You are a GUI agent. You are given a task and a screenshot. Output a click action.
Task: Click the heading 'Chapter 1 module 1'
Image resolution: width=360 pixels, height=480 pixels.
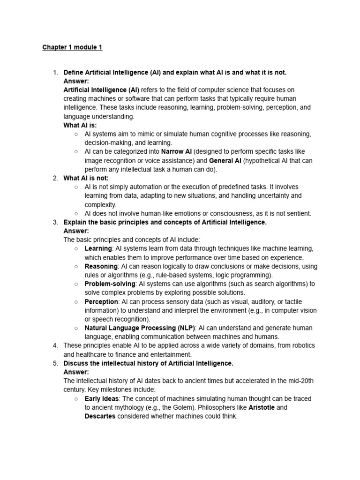pyautogui.click(x=72, y=47)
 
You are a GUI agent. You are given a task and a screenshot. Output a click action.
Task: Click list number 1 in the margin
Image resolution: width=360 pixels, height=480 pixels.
pyautogui.click(x=55, y=72)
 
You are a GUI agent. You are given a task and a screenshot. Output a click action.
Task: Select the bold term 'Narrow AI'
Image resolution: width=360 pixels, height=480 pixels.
pyautogui.click(x=176, y=152)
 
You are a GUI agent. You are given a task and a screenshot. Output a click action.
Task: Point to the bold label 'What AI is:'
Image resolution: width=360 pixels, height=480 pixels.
pyautogui.click(x=80, y=125)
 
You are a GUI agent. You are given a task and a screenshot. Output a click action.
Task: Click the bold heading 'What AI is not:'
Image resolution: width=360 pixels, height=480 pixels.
pyautogui.click(x=86, y=178)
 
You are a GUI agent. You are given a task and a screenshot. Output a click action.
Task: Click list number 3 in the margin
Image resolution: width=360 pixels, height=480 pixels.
pyautogui.click(x=55, y=222)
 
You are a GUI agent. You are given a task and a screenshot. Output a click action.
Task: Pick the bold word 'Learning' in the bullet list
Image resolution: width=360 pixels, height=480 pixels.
pyautogui.click(x=98, y=248)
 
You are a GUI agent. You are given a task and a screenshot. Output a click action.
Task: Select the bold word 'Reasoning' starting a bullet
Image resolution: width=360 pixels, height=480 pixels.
pyautogui.click(x=101, y=266)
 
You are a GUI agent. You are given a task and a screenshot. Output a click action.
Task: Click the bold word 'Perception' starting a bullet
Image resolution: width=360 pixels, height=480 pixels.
pyautogui.click(x=101, y=301)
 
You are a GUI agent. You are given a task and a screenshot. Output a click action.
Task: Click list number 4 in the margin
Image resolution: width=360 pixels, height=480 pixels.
pyautogui.click(x=55, y=345)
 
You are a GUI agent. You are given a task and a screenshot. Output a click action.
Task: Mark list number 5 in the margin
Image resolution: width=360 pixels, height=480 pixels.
pyautogui.click(x=55, y=363)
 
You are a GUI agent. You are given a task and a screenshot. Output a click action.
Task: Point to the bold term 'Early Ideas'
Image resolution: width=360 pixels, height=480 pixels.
pyautogui.click(x=102, y=398)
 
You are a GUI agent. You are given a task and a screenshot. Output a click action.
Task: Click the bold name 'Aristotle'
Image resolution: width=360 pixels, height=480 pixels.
pyautogui.click(x=261, y=407)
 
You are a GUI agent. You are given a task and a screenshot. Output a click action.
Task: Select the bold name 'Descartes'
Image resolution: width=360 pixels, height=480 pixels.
pyautogui.click(x=100, y=416)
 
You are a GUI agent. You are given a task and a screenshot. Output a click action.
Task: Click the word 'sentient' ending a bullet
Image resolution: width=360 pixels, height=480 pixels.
pyautogui.click(x=297, y=213)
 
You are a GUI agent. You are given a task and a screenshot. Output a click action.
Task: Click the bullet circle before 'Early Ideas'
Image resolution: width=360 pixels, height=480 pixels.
pyautogui.click(x=76, y=398)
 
